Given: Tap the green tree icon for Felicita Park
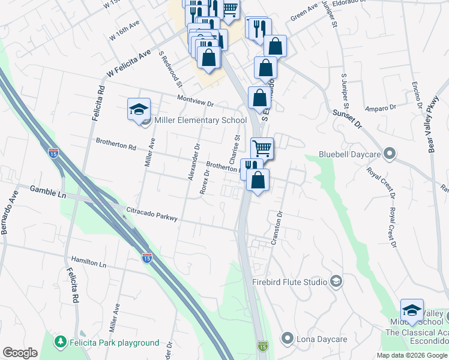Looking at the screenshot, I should tap(60, 343).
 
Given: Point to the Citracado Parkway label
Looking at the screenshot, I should tap(152, 214).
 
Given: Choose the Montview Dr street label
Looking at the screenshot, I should tap(196, 101).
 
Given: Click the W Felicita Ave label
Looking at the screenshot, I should tap(128, 64).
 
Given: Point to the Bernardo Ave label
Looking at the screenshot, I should tap(10, 212).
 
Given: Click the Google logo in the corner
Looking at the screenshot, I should tap(20, 353).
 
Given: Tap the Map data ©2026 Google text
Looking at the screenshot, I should tap(411, 355).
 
